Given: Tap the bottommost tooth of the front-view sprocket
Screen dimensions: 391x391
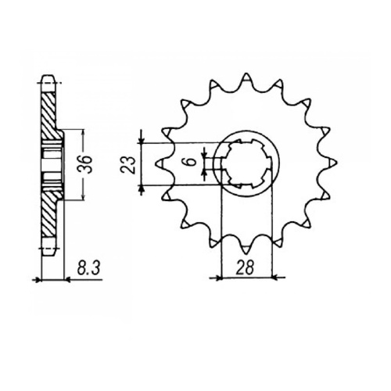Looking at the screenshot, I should point(247,249).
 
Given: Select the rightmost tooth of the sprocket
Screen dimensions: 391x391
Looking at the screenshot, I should point(332,162).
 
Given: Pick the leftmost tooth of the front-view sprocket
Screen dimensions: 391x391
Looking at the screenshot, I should point(161,163).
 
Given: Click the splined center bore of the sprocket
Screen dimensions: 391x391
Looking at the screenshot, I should point(247,163).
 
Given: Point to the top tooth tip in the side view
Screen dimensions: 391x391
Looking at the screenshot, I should point(48,78).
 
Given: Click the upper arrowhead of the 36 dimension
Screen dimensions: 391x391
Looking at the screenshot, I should point(79,130).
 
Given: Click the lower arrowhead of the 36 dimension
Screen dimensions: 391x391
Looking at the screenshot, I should point(79,197).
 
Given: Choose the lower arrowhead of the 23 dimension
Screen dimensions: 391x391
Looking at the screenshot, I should point(142,188).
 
